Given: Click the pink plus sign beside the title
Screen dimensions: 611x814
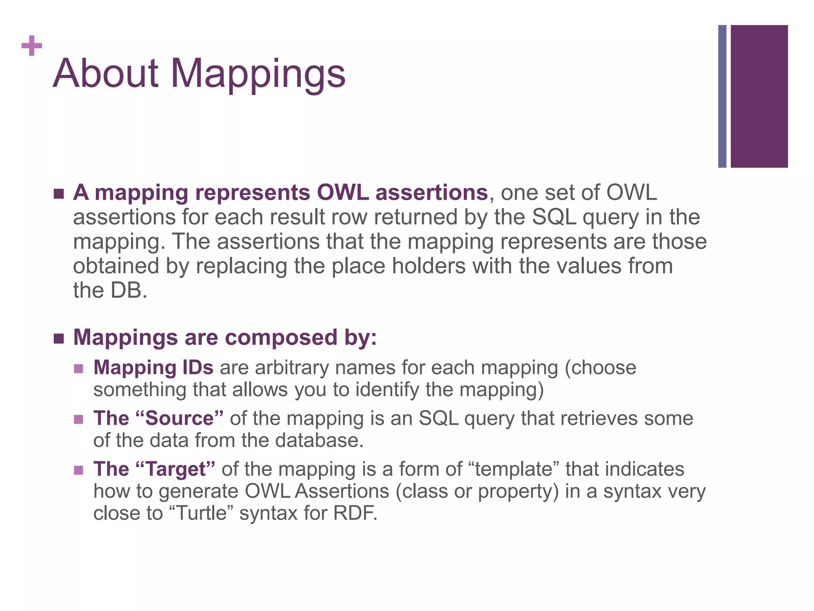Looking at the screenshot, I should (x=32, y=46).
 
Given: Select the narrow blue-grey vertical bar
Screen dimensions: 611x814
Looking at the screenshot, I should (x=722, y=96).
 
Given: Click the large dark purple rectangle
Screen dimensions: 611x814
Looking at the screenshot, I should (x=759, y=96).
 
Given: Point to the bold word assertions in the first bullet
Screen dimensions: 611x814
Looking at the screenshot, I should (x=431, y=193).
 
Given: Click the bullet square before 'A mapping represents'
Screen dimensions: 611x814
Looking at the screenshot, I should (x=59, y=194).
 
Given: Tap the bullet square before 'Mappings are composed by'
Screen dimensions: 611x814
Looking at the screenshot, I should (x=59, y=339).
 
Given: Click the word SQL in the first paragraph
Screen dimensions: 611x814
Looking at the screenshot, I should (x=554, y=217).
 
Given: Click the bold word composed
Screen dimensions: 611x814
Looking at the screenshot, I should (x=281, y=338).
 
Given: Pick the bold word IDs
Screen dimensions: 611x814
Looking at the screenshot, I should (x=198, y=368).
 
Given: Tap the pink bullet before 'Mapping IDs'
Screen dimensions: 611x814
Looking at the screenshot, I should (x=79, y=368).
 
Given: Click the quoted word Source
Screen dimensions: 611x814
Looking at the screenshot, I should (x=179, y=418).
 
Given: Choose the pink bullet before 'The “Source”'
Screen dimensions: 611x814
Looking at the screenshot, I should (x=79, y=419).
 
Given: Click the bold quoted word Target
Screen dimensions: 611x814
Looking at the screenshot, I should (x=175, y=469).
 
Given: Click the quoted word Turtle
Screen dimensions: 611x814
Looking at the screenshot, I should (x=201, y=513).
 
